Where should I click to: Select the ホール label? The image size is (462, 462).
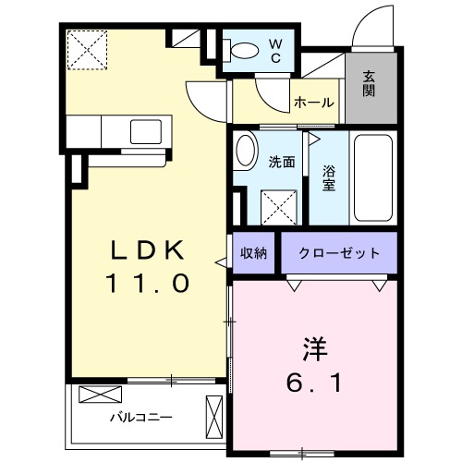pos(313,103)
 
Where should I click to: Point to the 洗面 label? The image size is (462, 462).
pos(281,163)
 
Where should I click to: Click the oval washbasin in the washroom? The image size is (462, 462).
pos(245,152)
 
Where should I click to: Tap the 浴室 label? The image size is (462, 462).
pos(330,177)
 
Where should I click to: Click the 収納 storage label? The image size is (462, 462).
pos(254,252)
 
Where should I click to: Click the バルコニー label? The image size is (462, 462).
pos(132,417)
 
